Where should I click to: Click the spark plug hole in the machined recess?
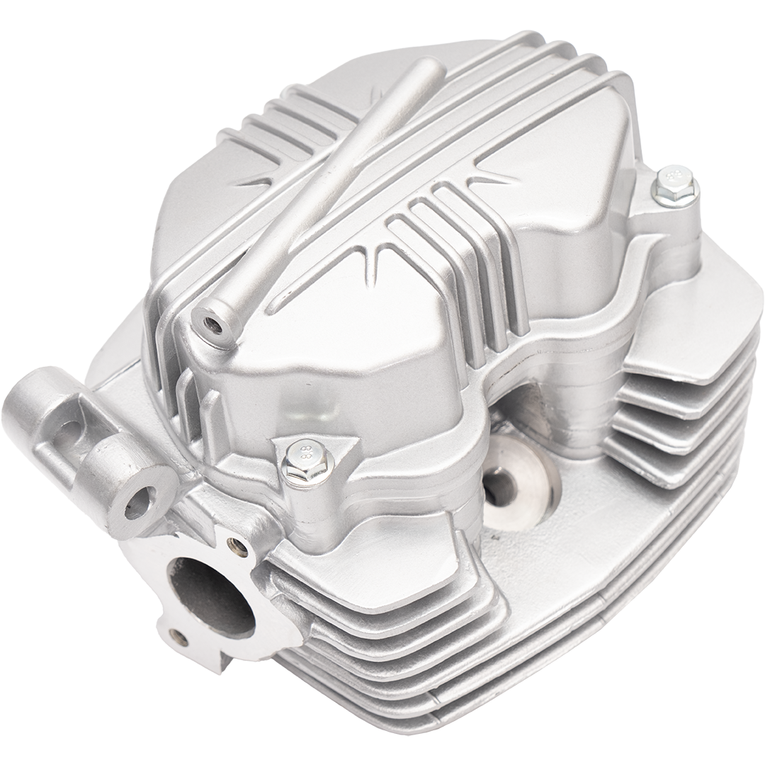(x=504, y=484)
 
